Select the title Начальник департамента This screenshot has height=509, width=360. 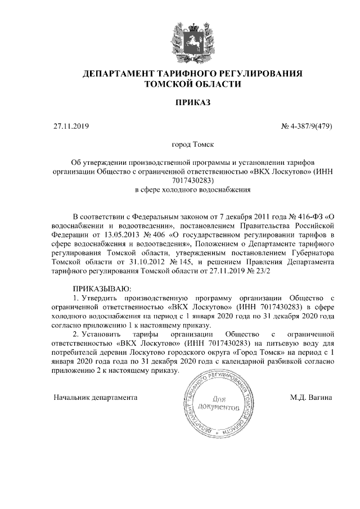(x=96, y=397)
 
